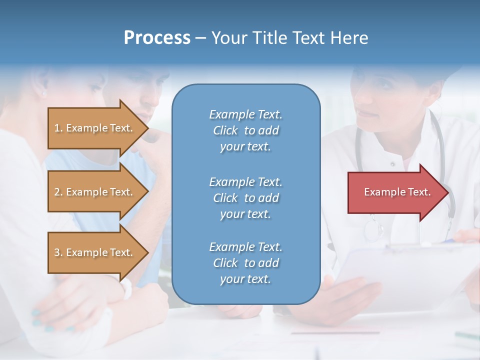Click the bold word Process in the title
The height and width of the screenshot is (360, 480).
157,38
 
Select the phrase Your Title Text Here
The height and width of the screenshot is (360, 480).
289,38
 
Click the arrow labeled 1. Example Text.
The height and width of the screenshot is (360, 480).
95,128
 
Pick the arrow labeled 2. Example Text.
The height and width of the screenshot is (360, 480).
95,192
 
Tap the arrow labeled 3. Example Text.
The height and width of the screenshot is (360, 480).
95,252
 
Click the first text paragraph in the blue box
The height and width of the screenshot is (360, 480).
245,130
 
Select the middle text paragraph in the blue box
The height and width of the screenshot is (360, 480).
245,197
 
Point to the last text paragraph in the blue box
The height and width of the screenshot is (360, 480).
245,263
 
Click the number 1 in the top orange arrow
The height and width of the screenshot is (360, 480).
57,128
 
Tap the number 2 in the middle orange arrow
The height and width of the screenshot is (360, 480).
57,192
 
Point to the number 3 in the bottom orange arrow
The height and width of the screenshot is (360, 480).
57,252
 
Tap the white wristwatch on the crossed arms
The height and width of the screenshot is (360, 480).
126,288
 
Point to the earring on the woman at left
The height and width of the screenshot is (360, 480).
43,93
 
